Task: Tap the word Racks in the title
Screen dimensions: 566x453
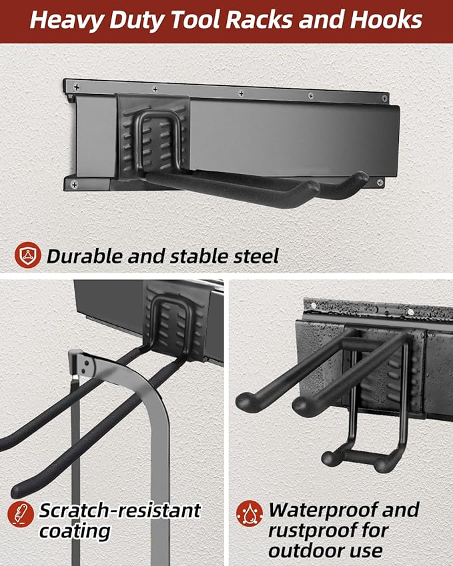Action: (260, 21)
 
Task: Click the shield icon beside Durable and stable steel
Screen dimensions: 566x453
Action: (27, 255)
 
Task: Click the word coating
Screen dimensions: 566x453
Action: (75, 531)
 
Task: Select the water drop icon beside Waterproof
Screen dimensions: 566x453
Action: (249, 513)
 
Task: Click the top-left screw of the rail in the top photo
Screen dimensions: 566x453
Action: (75, 87)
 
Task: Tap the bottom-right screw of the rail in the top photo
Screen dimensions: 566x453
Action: (380, 182)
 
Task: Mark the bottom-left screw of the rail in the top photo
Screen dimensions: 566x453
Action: (73, 183)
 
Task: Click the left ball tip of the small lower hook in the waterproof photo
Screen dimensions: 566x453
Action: (328, 458)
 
